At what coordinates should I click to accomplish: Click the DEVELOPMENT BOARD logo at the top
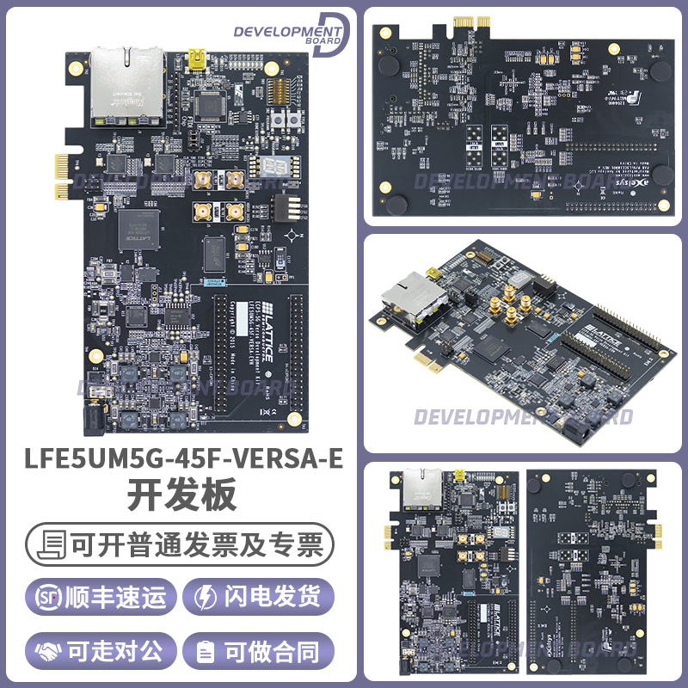click(x=290, y=34)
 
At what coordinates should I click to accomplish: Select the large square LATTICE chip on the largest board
click(x=138, y=229)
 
